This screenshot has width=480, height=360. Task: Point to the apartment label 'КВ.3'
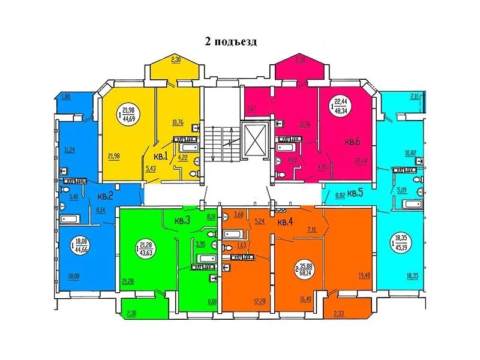click(182, 220)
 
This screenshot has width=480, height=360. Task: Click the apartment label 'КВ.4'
click(284, 222)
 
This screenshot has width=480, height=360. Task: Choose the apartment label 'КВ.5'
click(355, 193)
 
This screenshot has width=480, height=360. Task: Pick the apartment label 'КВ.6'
click(352, 143)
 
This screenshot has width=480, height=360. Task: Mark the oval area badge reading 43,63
click(145, 248)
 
